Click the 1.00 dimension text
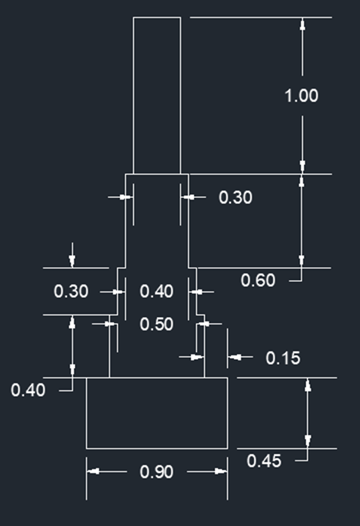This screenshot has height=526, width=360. coord(301,96)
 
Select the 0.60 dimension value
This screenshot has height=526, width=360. coord(258,280)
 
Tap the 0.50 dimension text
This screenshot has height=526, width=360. coord(157,325)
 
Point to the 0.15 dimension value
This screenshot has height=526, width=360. coord(283,359)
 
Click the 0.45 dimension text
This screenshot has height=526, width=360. coord(263,461)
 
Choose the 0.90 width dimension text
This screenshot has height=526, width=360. coord(157,472)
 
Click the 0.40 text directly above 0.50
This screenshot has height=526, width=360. coord(157,291)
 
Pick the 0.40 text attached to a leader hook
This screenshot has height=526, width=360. coord(28,391)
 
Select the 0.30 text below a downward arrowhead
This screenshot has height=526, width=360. coord(71,291)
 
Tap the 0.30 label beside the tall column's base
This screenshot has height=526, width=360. coord(235,197)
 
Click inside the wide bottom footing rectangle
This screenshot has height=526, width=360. coord(157,413)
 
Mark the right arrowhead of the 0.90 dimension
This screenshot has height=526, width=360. coord(221,471)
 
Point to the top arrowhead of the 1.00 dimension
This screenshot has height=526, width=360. coord(302,24)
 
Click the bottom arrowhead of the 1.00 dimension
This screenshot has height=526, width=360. coord(302,167)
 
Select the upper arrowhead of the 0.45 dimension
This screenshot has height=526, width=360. coord(308,385)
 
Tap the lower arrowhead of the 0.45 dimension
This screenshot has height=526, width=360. coord(308,442)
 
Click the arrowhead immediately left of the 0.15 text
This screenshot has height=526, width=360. coord(235,357)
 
